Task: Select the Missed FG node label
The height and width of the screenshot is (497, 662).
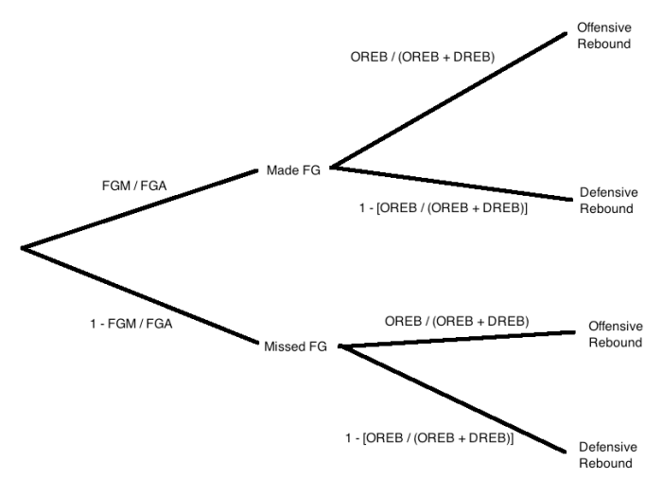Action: (x=295, y=347)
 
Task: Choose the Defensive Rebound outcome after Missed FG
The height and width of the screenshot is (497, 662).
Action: (x=605, y=455)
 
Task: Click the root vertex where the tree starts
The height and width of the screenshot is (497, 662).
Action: (x=23, y=249)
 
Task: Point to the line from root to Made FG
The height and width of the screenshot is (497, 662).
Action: (x=142, y=209)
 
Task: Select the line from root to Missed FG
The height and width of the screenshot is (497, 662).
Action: (x=142, y=294)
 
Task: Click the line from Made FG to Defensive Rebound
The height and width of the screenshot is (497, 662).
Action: (x=454, y=183)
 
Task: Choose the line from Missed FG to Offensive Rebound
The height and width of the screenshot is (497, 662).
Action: (x=459, y=339)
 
